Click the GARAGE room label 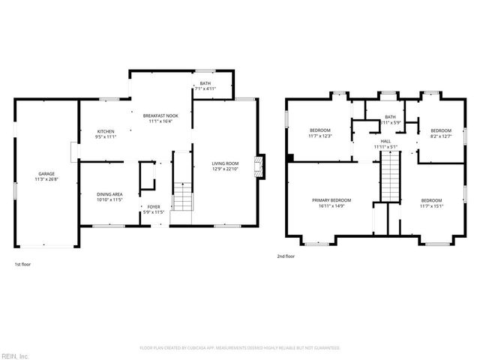[x=46, y=174]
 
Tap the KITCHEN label [x=105, y=131]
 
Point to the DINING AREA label [x=109, y=195]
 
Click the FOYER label [x=153, y=206]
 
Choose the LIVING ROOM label [x=224, y=163]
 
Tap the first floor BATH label [x=205, y=83]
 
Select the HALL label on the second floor [x=385, y=141]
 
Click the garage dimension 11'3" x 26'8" [x=46, y=180]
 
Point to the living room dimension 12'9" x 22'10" [x=224, y=169]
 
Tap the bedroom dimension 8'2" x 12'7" [x=440, y=136]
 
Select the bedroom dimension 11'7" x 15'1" [x=431, y=206]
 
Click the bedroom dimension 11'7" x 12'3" [x=320, y=136]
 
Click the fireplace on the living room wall [x=259, y=167]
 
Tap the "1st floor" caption [x=22, y=264]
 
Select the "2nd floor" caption [x=286, y=256]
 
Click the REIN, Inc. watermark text [x=15, y=355]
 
